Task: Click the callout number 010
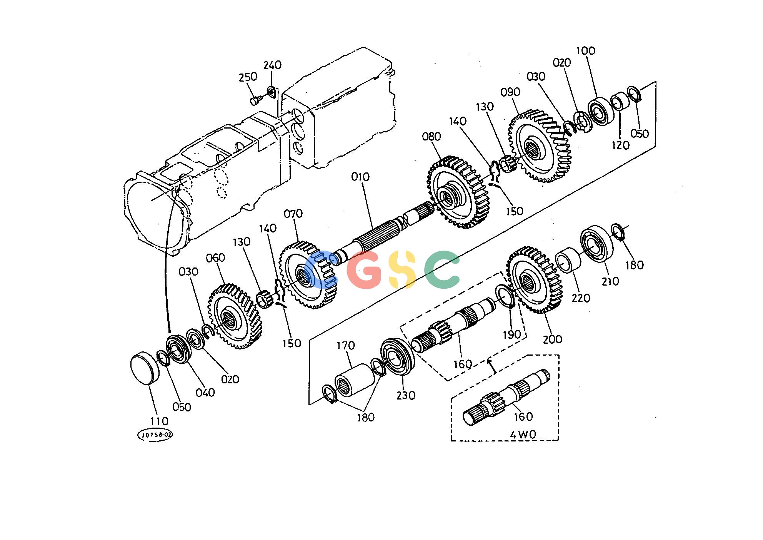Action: coord(360,177)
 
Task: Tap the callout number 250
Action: coord(248,77)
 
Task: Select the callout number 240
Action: coord(272,65)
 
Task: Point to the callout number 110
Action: coord(159,421)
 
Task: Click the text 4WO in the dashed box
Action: coord(523,435)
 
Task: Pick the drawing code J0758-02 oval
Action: coord(155,435)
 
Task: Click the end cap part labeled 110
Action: coord(145,368)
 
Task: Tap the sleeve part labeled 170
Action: coord(354,380)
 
